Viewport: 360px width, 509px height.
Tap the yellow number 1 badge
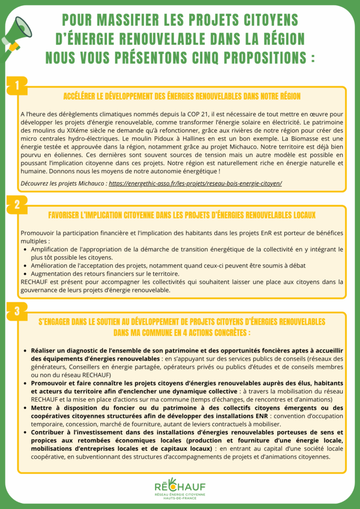pyautogui.click(x=17, y=85)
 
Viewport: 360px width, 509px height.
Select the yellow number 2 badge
pyautogui.click(x=17, y=204)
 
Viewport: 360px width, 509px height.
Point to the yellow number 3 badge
pyautogui.click(x=17, y=312)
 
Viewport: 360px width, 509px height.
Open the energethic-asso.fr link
pyautogui.click(x=195, y=183)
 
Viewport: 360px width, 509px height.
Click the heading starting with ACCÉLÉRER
pyautogui.click(x=181, y=96)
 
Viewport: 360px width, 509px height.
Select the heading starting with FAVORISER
pyautogui.click(x=181, y=215)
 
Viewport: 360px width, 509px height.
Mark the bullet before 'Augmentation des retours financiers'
pyautogui.click(x=25, y=274)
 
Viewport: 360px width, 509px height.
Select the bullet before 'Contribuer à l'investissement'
pyautogui.click(x=25, y=433)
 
